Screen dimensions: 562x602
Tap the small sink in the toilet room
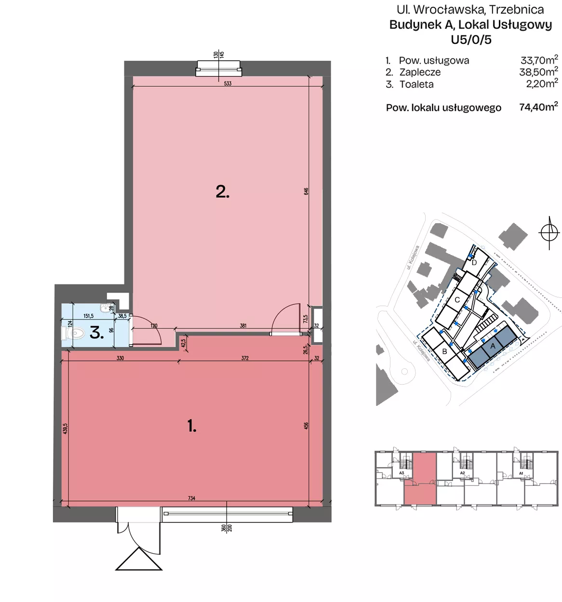(106, 308)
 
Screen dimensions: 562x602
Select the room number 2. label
(223, 192)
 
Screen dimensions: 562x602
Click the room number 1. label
(192, 426)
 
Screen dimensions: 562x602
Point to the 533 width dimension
(227, 84)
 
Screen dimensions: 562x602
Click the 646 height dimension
(306, 191)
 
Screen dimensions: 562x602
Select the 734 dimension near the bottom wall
(191, 498)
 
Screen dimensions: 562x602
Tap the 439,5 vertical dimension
(66, 429)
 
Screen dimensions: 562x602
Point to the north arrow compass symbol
(549, 233)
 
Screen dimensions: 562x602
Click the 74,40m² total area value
(538, 107)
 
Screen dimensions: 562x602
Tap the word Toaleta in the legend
(416, 84)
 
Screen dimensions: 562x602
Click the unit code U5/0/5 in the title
(471, 40)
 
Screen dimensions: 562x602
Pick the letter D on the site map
(474, 263)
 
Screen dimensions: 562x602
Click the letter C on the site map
(457, 300)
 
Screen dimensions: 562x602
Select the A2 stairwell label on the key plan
(462, 473)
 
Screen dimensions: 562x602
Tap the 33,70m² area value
(539, 60)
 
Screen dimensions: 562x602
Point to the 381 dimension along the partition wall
(243, 326)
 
